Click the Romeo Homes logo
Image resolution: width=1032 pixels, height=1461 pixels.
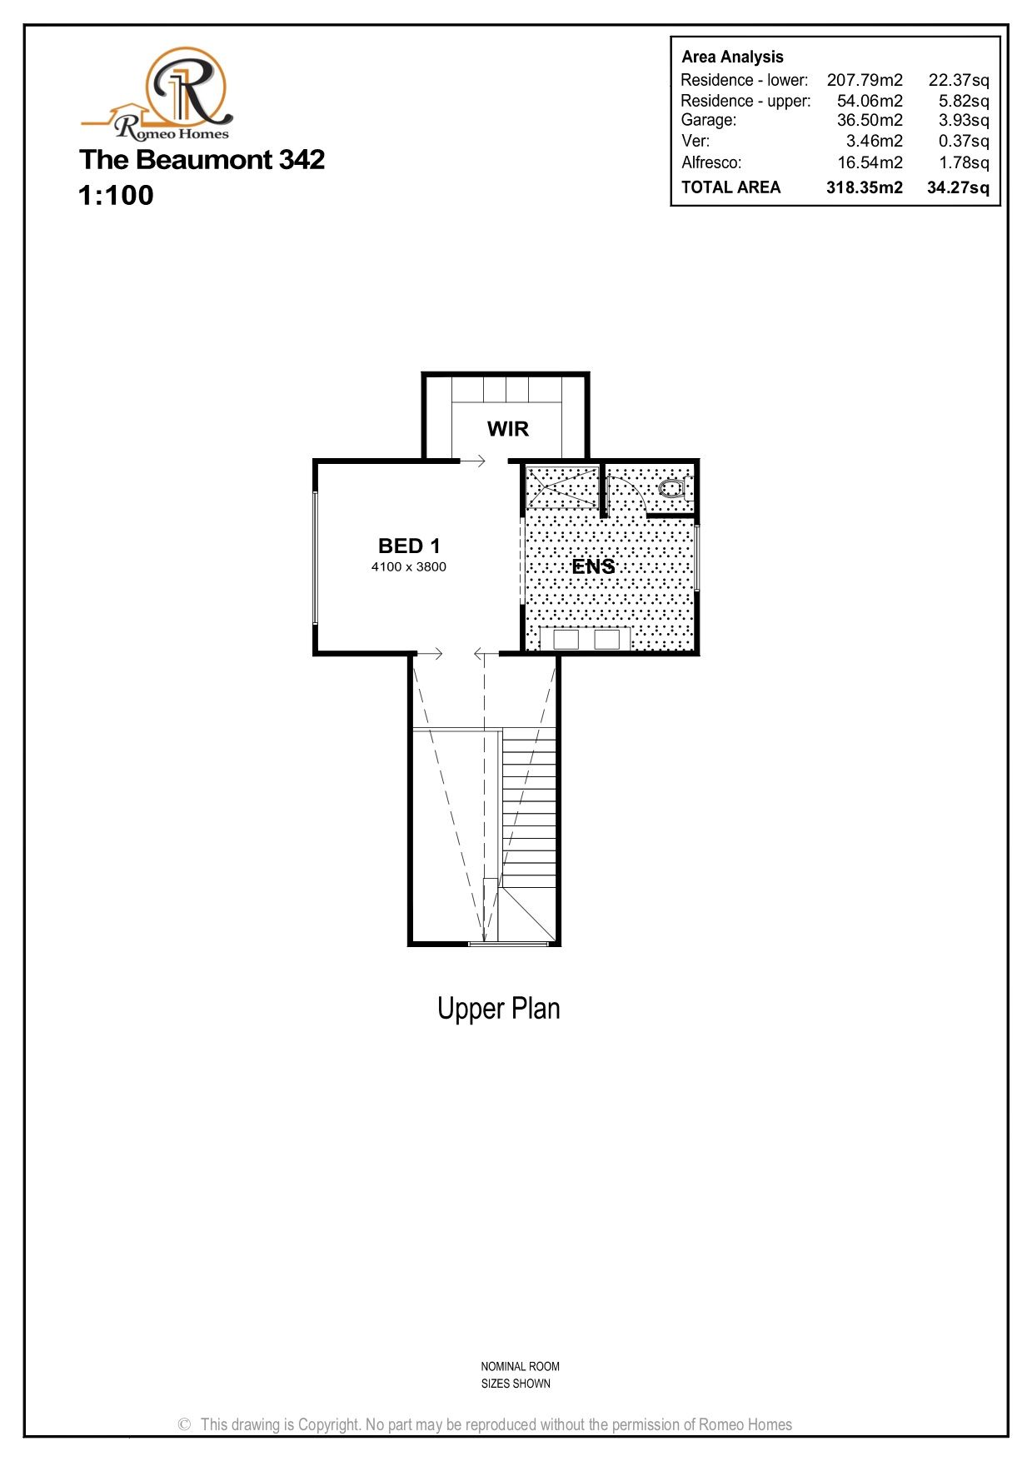click(157, 93)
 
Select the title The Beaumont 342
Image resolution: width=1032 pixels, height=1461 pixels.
click(202, 159)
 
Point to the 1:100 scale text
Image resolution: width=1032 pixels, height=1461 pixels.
click(116, 195)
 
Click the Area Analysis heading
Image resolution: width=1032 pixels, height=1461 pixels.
click(732, 57)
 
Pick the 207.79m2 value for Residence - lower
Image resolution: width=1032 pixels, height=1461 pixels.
click(865, 80)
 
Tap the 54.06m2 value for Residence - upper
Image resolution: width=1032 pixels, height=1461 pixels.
click(870, 101)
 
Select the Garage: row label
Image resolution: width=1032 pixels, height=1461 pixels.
click(708, 120)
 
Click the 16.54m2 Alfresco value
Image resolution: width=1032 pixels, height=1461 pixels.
click(870, 162)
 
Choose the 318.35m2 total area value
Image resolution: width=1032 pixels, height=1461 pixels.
click(864, 187)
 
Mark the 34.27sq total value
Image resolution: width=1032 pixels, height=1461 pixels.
click(958, 187)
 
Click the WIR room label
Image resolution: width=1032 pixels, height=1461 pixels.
click(507, 429)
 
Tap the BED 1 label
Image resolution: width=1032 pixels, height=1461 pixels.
click(409, 546)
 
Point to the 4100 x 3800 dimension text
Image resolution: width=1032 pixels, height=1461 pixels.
click(408, 567)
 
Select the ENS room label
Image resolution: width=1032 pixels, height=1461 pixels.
click(593, 566)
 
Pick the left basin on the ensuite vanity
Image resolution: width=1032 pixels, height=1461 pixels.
click(566, 639)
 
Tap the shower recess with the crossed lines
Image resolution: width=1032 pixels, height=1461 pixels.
click(562, 487)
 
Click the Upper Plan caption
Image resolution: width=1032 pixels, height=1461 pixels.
click(498, 1009)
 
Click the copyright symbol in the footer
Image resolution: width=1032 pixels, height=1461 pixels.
click(185, 1425)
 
